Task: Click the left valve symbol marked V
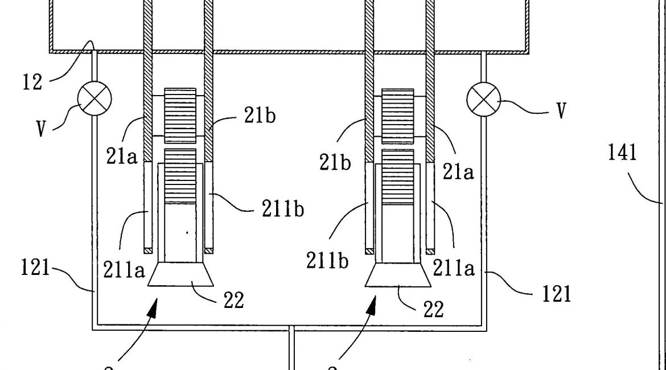(x=94, y=99)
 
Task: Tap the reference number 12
(x=33, y=81)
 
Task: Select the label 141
(x=622, y=153)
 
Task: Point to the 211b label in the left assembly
(x=283, y=209)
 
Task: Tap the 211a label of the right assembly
(x=453, y=268)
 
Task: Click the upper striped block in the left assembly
(x=180, y=116)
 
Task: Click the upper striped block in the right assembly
(x=397, y=116)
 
